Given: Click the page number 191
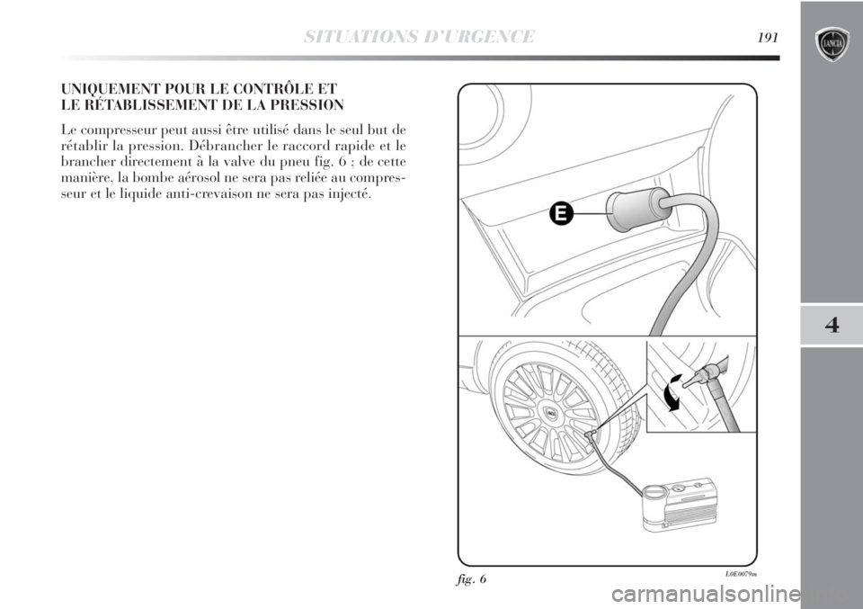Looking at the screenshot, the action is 768,38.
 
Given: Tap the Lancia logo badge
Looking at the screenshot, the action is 832,44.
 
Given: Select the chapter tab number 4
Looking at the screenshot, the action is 832,326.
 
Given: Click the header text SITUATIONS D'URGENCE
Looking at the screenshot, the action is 419,37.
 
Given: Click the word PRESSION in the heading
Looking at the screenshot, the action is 310,104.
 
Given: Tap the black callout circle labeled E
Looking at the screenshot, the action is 560,213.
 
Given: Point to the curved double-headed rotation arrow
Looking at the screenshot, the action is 671,392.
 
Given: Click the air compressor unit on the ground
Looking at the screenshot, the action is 681,506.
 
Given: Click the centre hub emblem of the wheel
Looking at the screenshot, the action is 551,411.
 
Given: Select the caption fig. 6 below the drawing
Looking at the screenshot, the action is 472,579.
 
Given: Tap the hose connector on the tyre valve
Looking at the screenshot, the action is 592,436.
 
